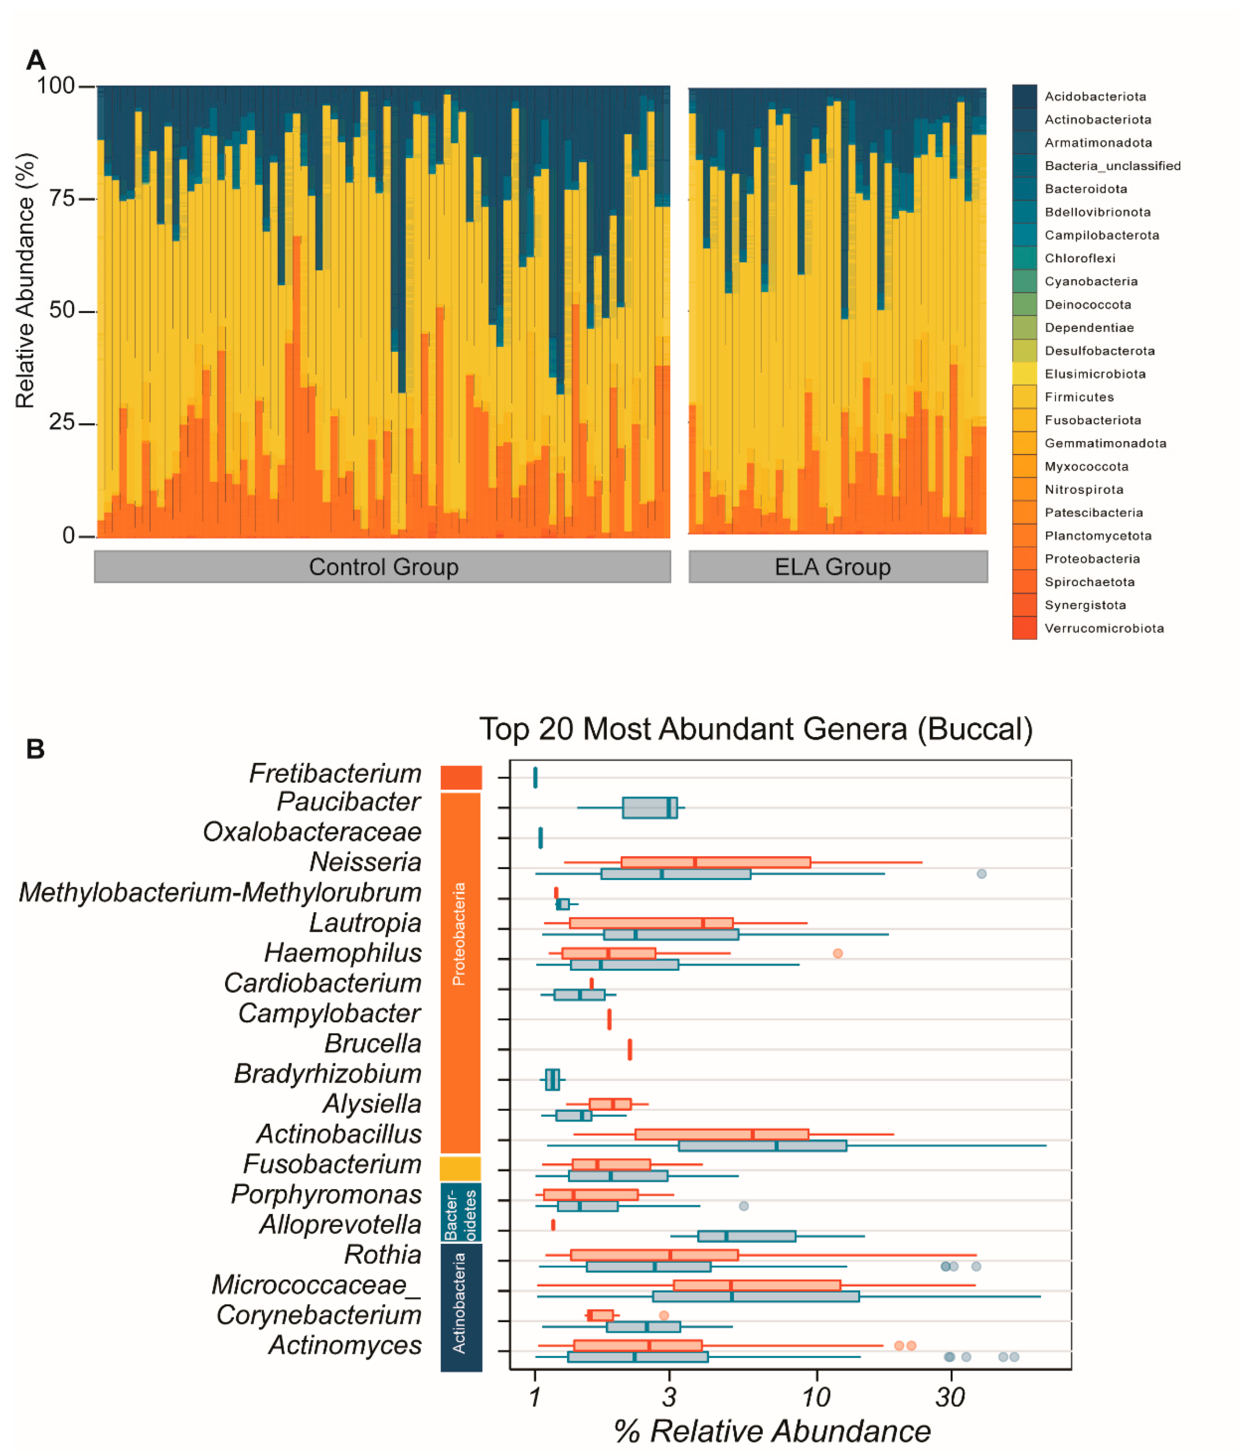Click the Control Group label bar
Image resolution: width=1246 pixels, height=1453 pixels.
point(382,567)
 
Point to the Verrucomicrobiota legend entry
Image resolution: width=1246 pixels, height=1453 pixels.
point(1104,628)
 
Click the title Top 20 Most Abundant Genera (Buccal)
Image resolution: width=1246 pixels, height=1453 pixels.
point(755,729)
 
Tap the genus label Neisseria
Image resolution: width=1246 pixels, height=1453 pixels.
point(365,862)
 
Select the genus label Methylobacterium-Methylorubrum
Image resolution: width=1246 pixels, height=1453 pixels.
point(220,893)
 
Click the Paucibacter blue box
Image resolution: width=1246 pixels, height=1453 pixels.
point(649,808)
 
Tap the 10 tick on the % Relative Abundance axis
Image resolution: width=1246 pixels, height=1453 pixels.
point(816,1398)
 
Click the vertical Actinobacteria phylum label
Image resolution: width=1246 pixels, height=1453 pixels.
point(459,1303)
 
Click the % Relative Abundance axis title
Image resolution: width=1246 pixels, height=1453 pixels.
point(772,1431)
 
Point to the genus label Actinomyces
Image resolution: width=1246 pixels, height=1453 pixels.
point(345,1345)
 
